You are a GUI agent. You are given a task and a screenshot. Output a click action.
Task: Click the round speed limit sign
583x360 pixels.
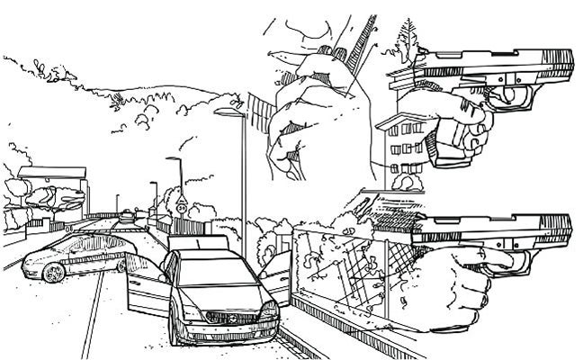point(183,207)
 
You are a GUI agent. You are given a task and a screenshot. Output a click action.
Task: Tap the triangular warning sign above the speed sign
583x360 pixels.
point(183,197)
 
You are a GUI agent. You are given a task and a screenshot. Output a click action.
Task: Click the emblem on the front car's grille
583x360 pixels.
point(216,316)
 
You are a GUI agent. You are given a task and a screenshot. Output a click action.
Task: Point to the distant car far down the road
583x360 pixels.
point(126,216)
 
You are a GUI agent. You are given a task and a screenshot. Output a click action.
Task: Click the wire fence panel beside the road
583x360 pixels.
point(342,270)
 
